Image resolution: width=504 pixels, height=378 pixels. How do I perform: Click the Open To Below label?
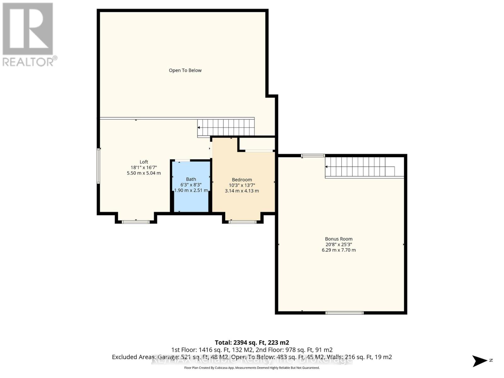click(185, 70)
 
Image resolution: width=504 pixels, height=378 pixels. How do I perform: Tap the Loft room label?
click(144, 162)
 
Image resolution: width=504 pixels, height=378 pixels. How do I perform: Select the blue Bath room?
click(191, 198)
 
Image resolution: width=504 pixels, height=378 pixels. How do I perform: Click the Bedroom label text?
click(242, 180)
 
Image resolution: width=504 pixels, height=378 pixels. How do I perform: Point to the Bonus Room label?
click(339, 239)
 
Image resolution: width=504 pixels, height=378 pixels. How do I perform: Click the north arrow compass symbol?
click(480, 360)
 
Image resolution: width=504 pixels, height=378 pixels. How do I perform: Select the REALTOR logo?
click(28, 35)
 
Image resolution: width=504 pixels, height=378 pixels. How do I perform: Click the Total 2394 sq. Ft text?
click(252, 342)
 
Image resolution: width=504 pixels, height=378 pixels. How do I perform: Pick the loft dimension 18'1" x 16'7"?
click(144, 168)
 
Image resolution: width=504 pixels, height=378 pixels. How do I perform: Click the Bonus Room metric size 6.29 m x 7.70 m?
click(339, 250)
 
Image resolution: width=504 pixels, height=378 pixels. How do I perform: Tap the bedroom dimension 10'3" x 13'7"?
click(242, 185)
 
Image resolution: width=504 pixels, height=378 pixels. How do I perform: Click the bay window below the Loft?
click(136, 222)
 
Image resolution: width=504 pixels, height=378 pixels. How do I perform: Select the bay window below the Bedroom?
click(243, 222)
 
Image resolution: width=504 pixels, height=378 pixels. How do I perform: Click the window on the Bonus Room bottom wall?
click(344, 313)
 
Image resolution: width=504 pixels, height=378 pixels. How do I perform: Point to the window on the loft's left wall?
click(99, 166)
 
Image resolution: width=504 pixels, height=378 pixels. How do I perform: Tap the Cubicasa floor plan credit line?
click(252, 368)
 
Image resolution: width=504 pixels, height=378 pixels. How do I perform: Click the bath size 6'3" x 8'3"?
click(191, 185)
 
